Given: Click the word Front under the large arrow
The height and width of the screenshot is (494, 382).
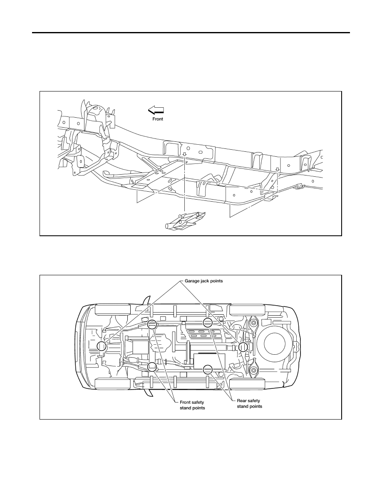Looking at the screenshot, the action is (158, 119).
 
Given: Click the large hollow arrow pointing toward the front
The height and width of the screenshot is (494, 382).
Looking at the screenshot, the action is (156, 110).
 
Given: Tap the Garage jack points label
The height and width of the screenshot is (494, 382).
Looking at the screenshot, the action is (203, 281).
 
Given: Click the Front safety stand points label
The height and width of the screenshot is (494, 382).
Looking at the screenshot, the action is (192, 405).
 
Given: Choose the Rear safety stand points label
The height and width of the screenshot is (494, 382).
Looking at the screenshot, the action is (249, 404).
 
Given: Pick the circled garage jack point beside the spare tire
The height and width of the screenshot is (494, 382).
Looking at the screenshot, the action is (243, 347).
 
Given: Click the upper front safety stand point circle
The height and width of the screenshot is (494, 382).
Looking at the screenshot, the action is (152, 324).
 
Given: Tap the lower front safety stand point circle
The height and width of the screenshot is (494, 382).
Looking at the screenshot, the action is (152, 366).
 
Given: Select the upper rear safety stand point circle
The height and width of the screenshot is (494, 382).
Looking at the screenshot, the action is (207, 323).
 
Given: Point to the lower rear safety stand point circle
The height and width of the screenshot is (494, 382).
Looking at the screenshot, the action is (207, 369).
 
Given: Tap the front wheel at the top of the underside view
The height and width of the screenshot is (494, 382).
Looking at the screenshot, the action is (113, 309).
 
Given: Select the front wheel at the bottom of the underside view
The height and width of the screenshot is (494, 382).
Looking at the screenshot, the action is (113, 384).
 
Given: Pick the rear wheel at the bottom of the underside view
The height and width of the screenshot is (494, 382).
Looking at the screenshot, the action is (247, 384).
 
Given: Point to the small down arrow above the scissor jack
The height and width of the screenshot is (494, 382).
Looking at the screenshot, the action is (185, 154).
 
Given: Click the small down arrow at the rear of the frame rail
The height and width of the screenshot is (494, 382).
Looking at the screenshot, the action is (277, 170).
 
